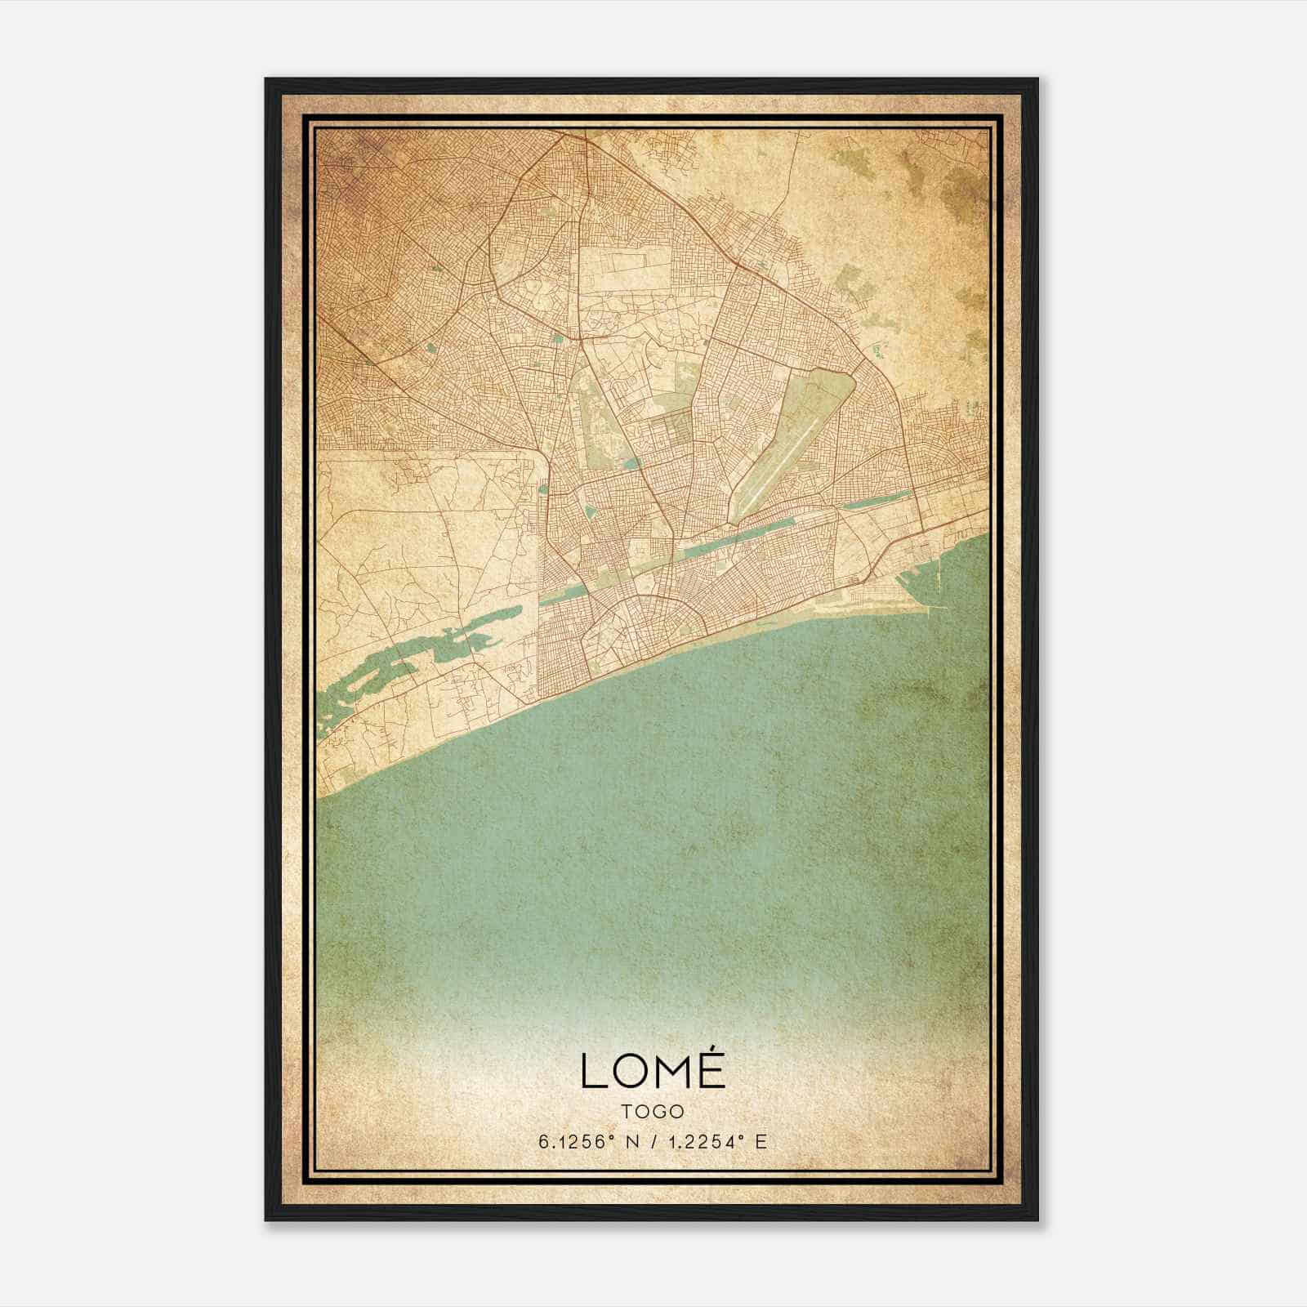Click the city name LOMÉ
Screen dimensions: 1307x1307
pyautogui.click(x=653, y=1070)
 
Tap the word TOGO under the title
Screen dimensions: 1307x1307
pyautogui.click(x=653, y=1112)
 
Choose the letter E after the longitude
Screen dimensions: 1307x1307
pyautogui.click(x=761, y=1142)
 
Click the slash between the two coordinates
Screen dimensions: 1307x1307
pyautogui.click(x=651, y=1142)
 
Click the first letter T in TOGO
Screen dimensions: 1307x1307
pyautogui.click(x=627, y=1112)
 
